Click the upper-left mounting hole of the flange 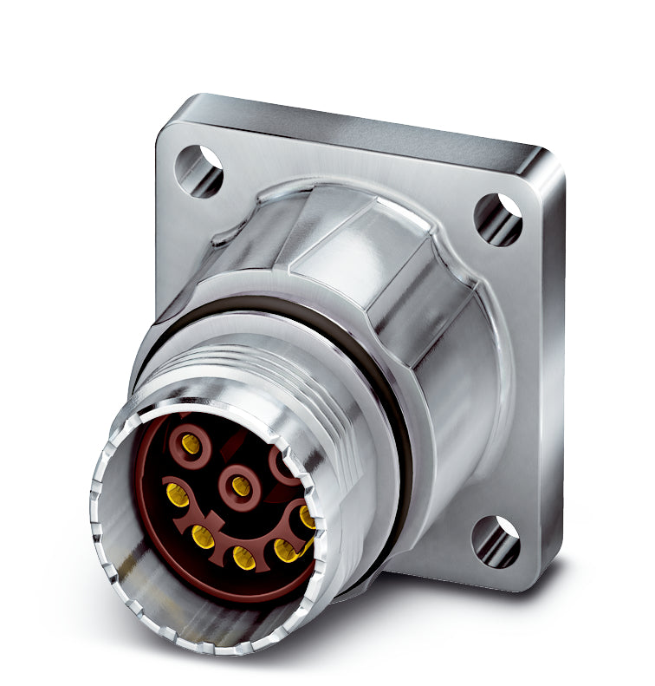click(198, 168)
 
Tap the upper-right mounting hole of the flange click(497, 219)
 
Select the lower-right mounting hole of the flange click(495, 542)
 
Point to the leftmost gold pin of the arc click(178, 495)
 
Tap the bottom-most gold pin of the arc click(244, 558)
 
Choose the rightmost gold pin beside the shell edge click(307, 517)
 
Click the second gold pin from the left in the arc click(203, 537)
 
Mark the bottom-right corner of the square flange click(546, 581)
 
